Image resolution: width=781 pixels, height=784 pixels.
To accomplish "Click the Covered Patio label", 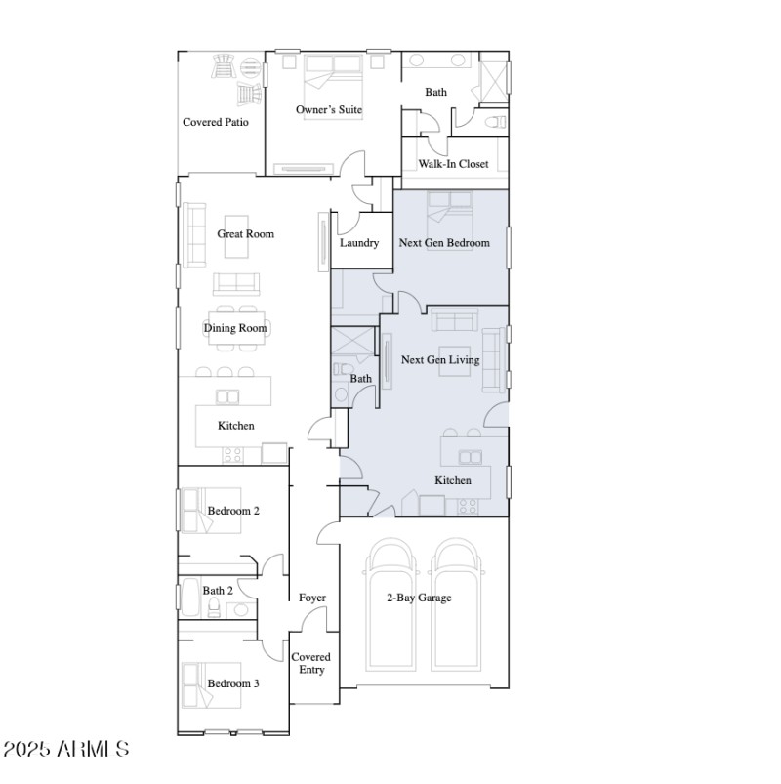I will point(216,123).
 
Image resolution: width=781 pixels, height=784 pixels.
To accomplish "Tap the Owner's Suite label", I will point(329,110).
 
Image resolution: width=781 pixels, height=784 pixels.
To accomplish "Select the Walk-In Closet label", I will point(453,164).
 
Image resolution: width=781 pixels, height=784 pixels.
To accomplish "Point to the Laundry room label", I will point(359,243).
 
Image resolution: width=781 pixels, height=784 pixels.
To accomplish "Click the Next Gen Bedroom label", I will point(444,243).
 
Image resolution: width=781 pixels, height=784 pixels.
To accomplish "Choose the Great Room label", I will point(245,234).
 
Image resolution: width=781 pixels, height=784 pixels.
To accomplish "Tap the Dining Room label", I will point(235,329).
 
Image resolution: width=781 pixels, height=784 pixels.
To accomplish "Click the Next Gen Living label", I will point(440,360).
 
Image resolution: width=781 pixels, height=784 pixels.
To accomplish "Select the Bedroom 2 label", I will point(233,511).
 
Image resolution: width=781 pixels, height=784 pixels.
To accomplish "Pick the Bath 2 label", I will point(218,591).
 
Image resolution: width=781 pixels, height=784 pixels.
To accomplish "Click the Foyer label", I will point(312,598).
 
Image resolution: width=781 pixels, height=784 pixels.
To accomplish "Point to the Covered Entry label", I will point(311,663).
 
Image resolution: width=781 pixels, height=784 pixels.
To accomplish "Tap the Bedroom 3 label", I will point(233,684).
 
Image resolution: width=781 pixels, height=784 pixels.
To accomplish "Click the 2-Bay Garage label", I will point(418,598).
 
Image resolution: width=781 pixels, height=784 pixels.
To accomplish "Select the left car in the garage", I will point(393,605).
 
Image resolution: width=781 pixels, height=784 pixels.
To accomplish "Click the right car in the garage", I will point(458,605).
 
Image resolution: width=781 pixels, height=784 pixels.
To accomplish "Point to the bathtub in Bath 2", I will point(189,598).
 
